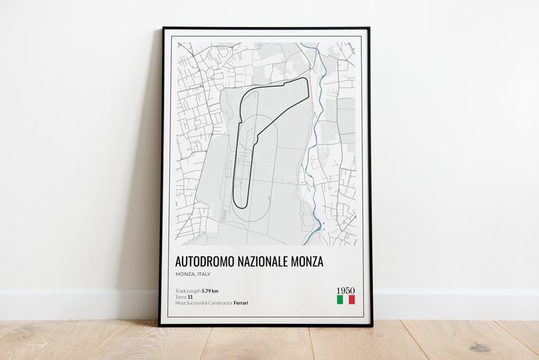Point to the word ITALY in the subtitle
(202, 274)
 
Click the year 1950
(346, 291)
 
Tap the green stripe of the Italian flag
(339, 300)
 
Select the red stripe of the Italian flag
(352, 300)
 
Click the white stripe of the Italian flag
(346, 300)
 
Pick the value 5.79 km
(209, 291)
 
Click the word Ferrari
(240, 302)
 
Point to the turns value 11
(190, 297)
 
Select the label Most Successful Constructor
(204, 302)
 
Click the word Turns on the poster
(181, 297)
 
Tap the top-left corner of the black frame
(163, 29)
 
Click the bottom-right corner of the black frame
(371, 325)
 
